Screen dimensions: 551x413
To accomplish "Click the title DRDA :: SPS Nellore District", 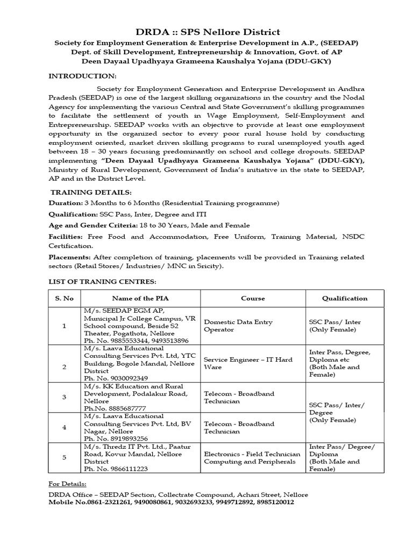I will tap(206, 32).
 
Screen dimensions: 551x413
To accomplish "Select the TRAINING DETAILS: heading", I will tap(90, 192).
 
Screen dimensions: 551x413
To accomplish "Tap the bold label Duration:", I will tap(66, 203).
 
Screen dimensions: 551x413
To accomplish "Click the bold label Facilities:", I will tap(66, 236).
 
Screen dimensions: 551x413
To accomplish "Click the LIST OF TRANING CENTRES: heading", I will tap(102, 282).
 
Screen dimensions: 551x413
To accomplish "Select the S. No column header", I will tap(65, 298).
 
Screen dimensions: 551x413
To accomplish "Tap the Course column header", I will tap(253, 298).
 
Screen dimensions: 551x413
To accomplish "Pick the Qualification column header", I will tap(345, 298).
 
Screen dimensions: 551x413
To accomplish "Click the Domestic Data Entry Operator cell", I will tap(238, 326).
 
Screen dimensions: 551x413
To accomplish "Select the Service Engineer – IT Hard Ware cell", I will tap(247, 363).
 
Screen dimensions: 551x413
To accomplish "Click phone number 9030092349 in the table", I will tap(124, 378).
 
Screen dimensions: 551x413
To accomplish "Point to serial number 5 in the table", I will tap(65, 457).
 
